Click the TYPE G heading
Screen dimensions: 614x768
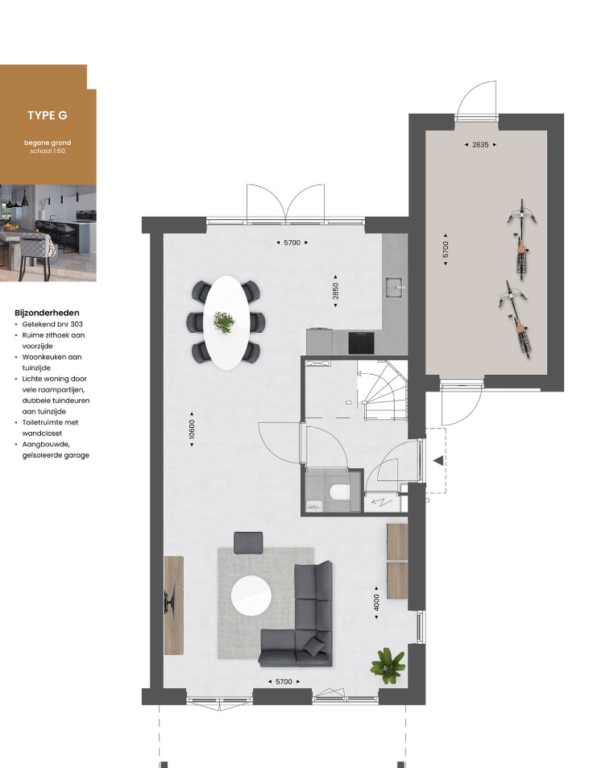(47, 115)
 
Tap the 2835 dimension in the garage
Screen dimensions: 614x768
(480, 144)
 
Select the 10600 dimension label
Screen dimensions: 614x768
(192, 429)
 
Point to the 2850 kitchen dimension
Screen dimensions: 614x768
(335, 291)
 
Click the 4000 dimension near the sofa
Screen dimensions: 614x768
(376, 603)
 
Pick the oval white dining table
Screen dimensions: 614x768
(226, 322)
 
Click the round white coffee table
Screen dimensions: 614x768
(251, 595)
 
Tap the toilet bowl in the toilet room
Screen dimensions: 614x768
(339, 492)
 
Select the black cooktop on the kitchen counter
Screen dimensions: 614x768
(361, 342)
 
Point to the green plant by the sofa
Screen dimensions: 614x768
(388, 666)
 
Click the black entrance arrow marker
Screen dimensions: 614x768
(438, 460)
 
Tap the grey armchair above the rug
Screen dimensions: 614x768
(248, 542)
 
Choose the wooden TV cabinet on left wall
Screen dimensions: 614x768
(173, 605)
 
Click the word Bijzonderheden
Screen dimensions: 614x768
(47, 313)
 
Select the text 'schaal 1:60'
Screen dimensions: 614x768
(48, 151)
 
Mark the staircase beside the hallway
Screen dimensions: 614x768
(383, 390)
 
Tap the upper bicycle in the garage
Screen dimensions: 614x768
(522, 239)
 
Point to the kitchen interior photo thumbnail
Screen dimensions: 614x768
(48, 233)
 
